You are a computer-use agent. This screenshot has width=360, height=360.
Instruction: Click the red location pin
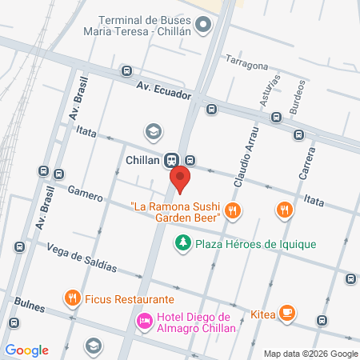182,180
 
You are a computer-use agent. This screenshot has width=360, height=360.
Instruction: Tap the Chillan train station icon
171,159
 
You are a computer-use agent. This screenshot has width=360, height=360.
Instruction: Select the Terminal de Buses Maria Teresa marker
204,25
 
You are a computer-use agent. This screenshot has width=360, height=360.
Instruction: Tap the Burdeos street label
299,91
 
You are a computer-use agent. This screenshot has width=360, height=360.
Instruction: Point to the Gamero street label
86,194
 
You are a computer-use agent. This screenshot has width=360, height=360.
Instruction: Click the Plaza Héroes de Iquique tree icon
183,242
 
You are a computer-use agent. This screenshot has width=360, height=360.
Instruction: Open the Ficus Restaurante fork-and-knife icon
73,298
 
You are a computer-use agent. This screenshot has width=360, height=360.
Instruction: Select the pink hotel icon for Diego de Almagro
144,321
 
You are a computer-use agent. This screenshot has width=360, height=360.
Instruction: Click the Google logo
26,350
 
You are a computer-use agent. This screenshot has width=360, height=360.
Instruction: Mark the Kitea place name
263,314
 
